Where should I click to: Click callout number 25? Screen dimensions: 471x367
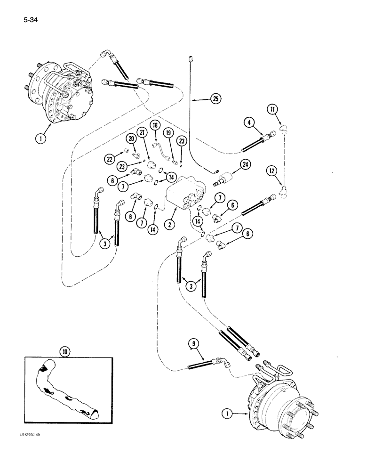tap(215, 98)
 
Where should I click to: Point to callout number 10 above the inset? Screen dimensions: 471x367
tap(64, 351)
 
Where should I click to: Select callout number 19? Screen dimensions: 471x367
tap(169, 146)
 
